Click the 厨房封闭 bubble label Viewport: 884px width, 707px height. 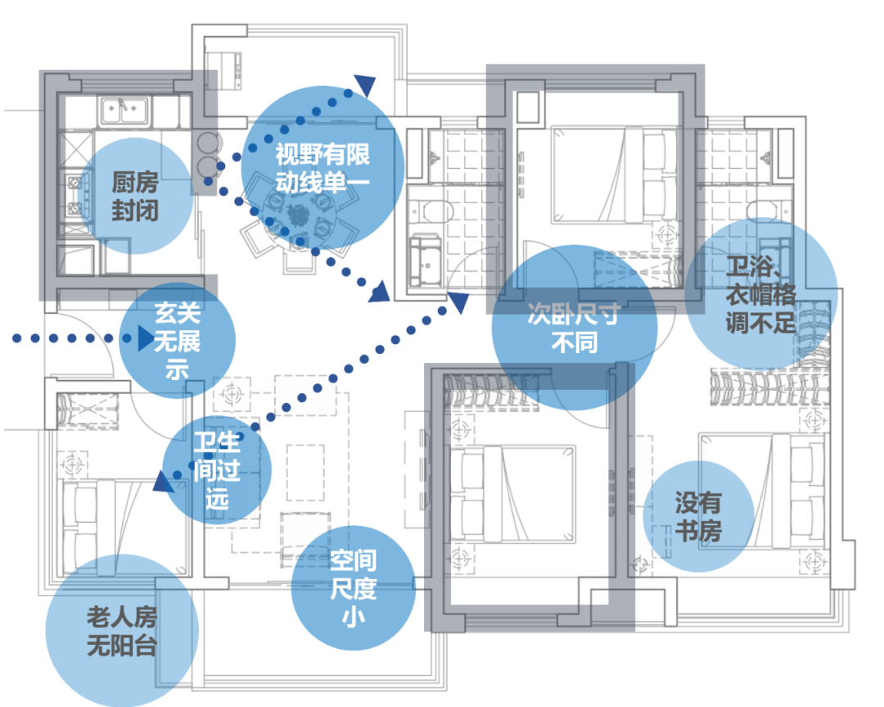click(135, 197)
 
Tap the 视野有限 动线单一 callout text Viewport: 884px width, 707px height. click(322, 167)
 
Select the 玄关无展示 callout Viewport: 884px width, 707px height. click(178, 339)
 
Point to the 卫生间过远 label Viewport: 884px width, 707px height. click(217, 471)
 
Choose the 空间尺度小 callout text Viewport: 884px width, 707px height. click(354, 587)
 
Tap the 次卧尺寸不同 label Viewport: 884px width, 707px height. click(574, 329)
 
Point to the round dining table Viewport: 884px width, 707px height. click(294, 217)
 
